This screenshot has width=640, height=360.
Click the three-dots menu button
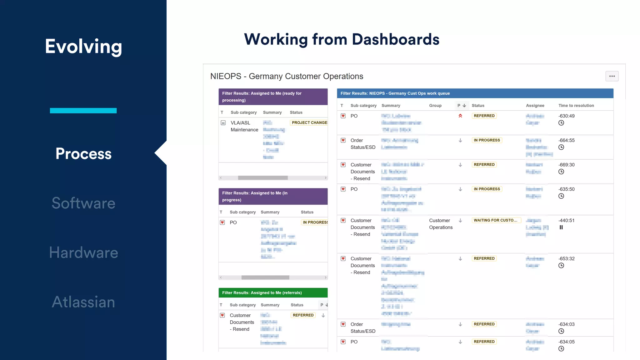[612, 76]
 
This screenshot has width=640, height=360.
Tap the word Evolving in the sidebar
[83, 47]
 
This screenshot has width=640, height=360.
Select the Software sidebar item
[83, 203]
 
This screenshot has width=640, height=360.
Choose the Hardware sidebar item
[83, 252]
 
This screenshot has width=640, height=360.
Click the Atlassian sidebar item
[83, 302]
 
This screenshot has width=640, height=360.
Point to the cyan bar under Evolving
[83, 111]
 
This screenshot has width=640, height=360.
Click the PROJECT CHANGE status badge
[309, 123]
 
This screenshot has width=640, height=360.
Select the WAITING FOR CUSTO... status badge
[496, 220]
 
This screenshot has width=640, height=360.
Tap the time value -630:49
[566, 116]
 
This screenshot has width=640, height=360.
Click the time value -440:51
[566, 220]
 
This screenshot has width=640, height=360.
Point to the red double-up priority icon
[460, 116]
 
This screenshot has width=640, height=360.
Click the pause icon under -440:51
[561, 227]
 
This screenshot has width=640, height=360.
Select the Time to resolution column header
[576, 106]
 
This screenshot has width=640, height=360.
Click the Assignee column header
[535, 106]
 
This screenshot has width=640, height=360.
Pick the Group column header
[435, 106]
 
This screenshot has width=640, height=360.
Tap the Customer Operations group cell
[441, 224]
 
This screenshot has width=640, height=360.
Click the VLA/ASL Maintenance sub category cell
[244, 126]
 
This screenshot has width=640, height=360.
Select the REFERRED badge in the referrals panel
[303, 315]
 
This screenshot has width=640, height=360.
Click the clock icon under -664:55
[561, 147]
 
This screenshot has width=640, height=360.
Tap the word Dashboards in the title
[396, 40]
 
